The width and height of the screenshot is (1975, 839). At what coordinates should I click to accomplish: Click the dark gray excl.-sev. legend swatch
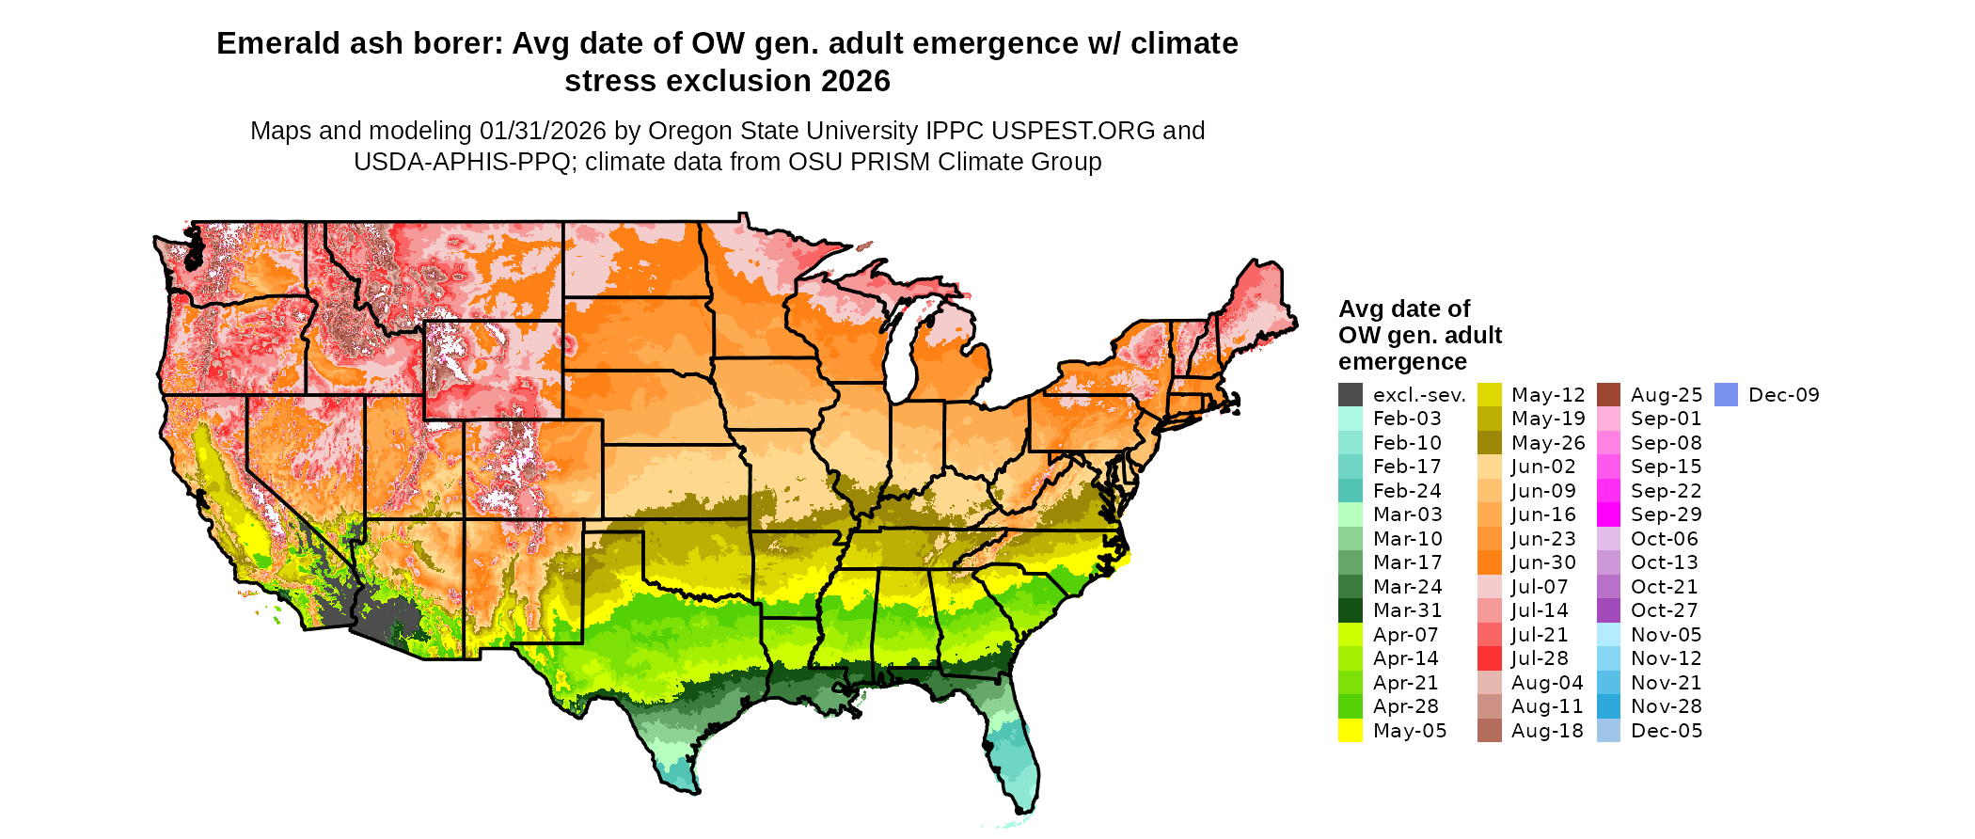pyautogui.click(x=1351, y=395)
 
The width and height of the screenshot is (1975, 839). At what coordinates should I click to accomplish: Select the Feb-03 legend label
pyautogui.click(x=1407, y=419)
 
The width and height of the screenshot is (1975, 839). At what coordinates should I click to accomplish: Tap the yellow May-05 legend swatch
pyautogui.click(x=1351, y=731)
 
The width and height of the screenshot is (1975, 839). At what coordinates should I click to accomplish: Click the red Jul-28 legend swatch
pyautogui.click(x=1490, y=658)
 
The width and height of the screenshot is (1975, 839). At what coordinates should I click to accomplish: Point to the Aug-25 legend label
pyautogui.click(x=1667, y=395)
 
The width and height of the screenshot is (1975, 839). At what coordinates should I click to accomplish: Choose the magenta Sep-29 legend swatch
pyautogui.click(x=1609, y=514)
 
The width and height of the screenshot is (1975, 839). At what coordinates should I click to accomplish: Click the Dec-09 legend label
pyautogui.click(x=1783, y=395)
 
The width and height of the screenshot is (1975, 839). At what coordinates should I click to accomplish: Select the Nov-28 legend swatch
pyautogui.click(x=1609, y=706)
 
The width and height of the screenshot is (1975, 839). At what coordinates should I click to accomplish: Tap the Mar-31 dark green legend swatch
pyautogui.click(x=1351, y=610)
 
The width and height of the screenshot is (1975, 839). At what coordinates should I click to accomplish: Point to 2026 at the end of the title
pyautogui.click(x=855, y=82)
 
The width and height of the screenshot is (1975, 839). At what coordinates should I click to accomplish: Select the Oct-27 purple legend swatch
pyautogui.click(x=1609, y=610)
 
